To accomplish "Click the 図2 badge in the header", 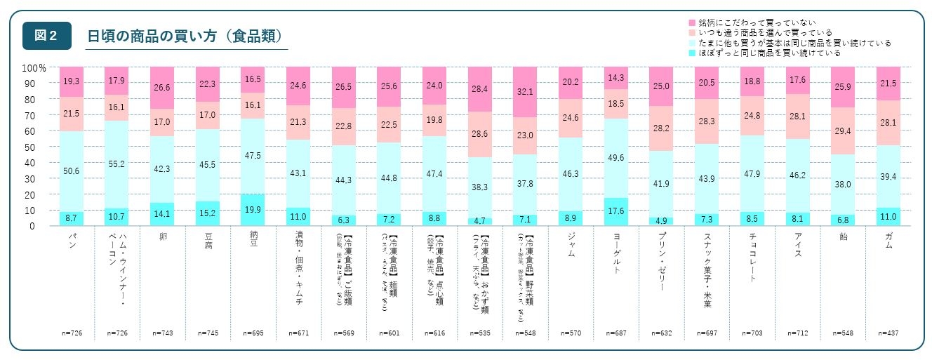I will tap(46, 36).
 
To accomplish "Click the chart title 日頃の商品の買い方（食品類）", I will tap(185, 36).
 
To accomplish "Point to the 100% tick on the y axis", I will tap(34, 68).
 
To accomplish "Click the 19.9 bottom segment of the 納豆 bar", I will tap(252, 210).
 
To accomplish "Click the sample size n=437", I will tap(887, 333).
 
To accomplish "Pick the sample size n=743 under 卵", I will tap(162, 333).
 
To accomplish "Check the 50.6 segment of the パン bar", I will tap(72, 171).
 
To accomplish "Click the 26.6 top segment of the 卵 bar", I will tap(162, 88).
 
